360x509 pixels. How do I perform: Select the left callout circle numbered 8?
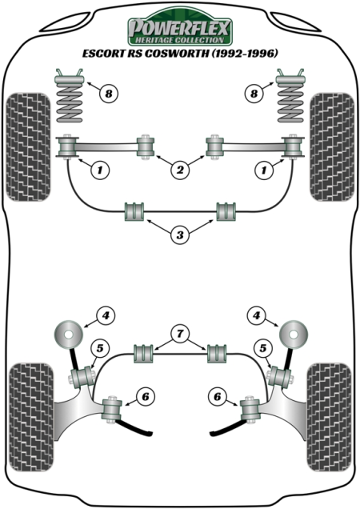[109, 94]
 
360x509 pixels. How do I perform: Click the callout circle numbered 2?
[180, 170]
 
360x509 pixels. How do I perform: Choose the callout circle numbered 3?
[180, 234]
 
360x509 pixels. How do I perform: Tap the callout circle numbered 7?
[180, 333]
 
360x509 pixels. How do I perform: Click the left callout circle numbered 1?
[100, 170]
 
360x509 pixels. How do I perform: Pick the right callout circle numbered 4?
[257, 315]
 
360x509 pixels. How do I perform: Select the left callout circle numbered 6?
[145, 396]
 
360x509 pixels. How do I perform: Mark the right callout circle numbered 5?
[262, 348]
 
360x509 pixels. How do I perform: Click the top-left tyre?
[28, 147]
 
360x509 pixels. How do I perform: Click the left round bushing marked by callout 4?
[68, 334]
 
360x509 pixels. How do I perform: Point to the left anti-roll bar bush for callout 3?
[134, 211]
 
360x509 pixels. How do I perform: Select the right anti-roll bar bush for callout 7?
[217, 354]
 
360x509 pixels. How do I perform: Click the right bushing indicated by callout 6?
[250, 410]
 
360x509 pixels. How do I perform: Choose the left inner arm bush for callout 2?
[146, 146]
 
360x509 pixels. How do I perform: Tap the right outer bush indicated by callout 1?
[293, 147]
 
